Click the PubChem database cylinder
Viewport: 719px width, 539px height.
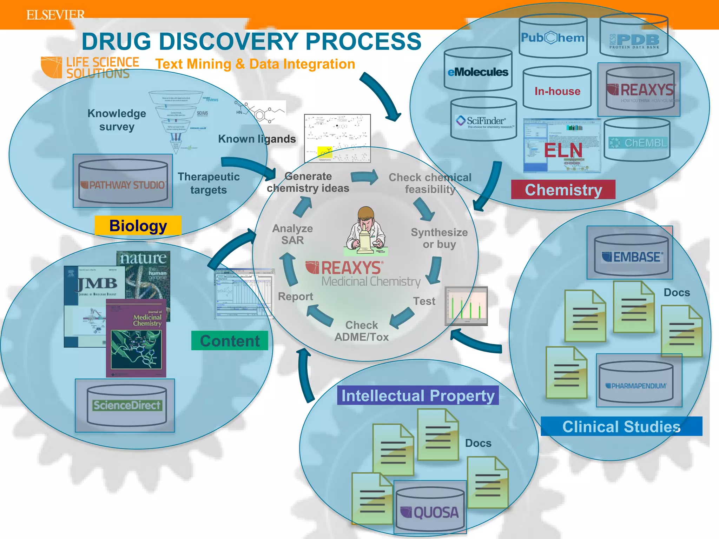553,37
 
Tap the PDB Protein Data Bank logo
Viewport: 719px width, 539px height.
634,40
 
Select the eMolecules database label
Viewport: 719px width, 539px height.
478,72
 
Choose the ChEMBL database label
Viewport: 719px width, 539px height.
638,142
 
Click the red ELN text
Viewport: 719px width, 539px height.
563,150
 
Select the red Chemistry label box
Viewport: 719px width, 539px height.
563,190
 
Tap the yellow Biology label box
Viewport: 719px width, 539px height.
138,226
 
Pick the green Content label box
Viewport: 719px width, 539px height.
230,341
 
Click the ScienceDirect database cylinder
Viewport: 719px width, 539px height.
126,405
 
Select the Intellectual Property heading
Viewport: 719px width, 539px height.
418,395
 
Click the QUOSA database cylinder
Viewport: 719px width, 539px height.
430,510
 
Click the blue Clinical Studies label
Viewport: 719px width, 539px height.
621,426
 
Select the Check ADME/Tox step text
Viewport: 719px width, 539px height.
362,331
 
